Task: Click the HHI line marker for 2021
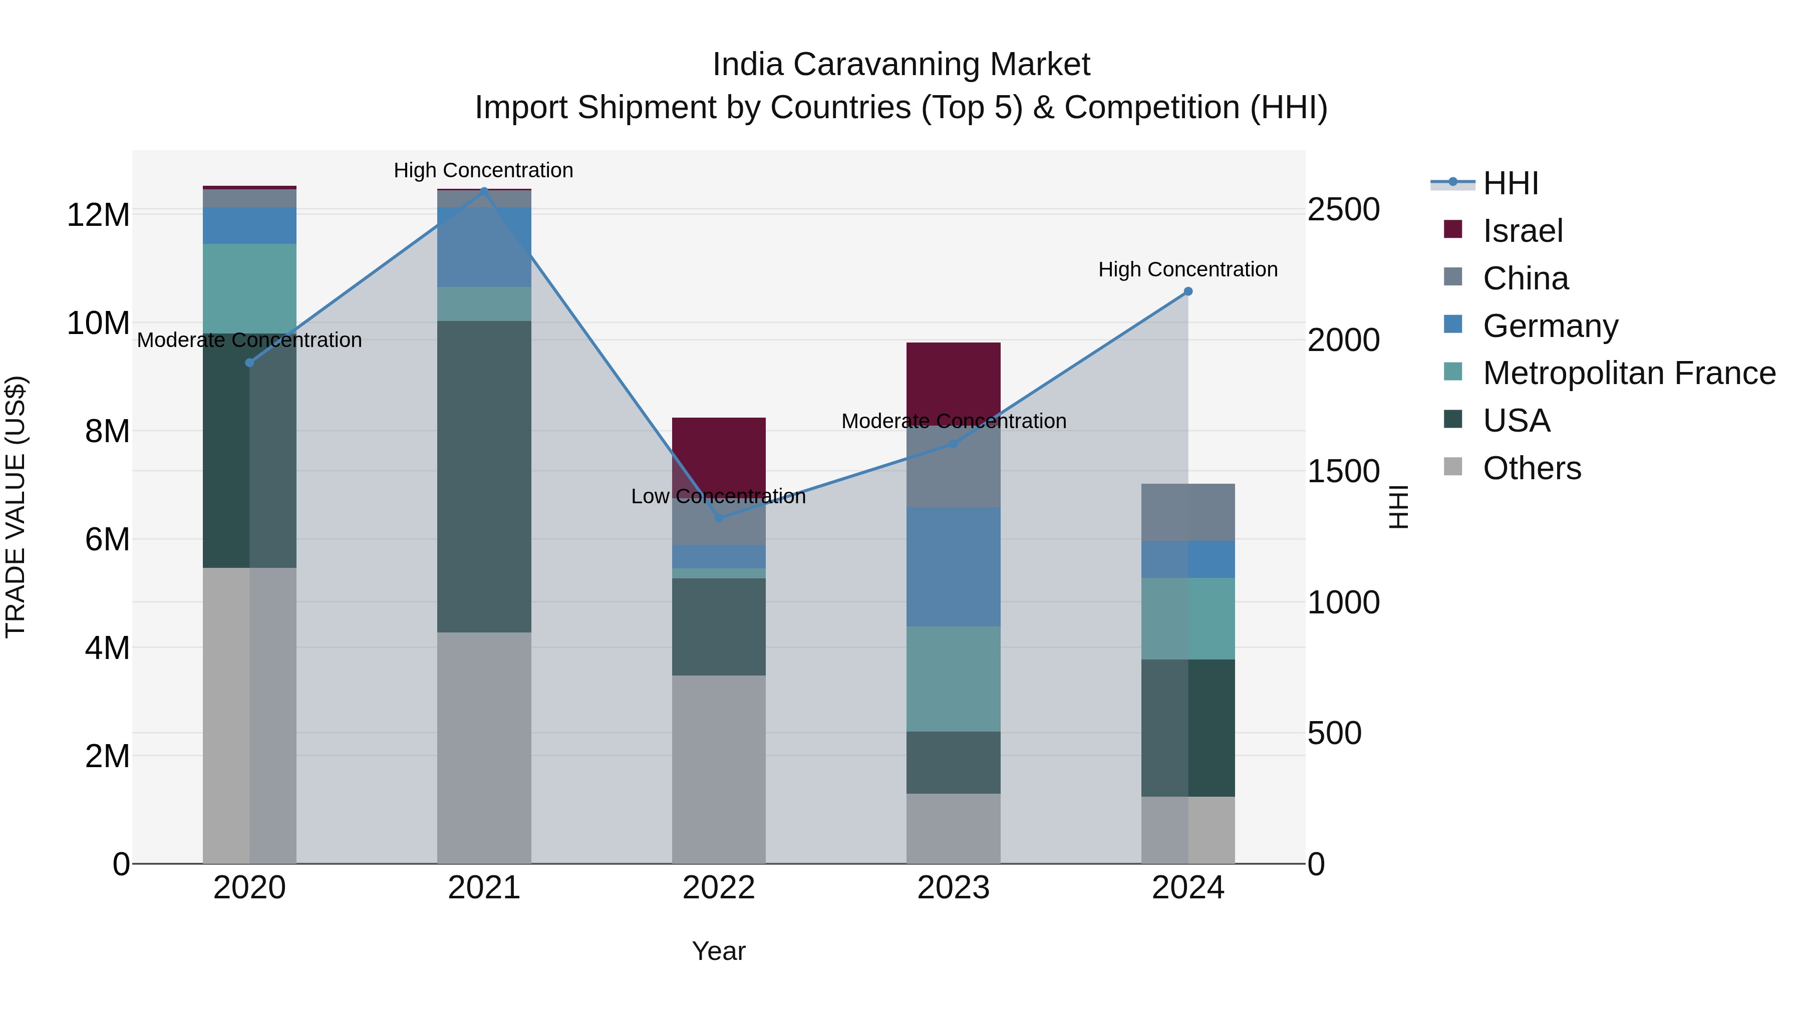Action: pyautogui.click(x=484, y=191)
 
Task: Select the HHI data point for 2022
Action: pyautogui.click(x=719, y=518)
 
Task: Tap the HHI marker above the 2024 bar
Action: pyautogui.click(x=1188, y=291)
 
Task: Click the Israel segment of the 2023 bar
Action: pyautogui.click(x=953, y=384)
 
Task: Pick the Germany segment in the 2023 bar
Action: pyautogui.click(x=953, y=567)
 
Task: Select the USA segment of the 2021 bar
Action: pyautogui.click(x=484, y=476)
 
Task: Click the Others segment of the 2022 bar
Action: pyautogui.click(x=719, y=770)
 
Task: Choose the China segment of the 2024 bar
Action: pyautogui.click(x=1188, y=512)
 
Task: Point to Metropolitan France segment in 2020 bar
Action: pyautogui.click(x=249, y=288)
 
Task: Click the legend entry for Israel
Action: pyautogui.click(x=1523, y=231)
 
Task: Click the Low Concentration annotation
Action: pyautogui.click(x=719, y=497)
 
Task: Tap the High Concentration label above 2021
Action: pyautogui.click(x=484, y=171)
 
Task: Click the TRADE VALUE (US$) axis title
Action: pyautogui.click(x=16, y=507)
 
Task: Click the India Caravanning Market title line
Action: pyautogui.click(x=901, y=65)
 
